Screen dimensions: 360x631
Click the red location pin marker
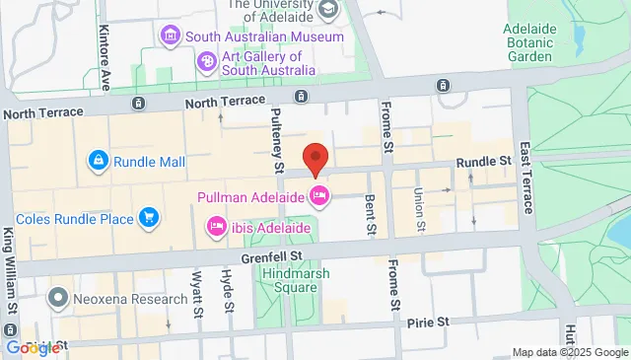click(x=315, y=159)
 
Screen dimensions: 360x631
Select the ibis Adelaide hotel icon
click(x=217, y=228)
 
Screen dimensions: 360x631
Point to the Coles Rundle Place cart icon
click(x=149, y=216)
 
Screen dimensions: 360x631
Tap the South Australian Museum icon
click(x=172, y=36)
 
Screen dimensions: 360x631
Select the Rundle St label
click(x=483, y=161)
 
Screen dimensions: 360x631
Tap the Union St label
click(x=419, y=207)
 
